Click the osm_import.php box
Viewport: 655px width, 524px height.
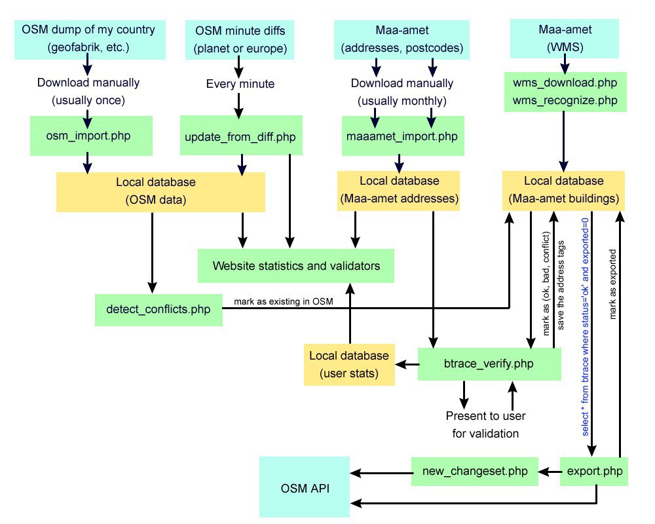91,136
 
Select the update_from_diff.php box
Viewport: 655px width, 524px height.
241,136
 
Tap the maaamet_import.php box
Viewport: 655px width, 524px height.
403,136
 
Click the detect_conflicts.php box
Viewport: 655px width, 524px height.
159,310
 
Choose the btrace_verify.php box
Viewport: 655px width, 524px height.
489,364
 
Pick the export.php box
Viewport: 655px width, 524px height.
593,472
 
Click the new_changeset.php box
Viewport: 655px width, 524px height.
474,472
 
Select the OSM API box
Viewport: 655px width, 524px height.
305,487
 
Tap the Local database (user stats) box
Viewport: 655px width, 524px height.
349,364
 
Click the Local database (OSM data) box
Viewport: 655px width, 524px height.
160,192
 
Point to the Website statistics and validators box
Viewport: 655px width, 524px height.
296,266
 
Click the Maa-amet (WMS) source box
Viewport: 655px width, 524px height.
565,39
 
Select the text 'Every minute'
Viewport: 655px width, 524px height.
240,84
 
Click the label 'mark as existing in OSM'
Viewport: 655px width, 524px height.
283,301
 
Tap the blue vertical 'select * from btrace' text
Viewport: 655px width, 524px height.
585,327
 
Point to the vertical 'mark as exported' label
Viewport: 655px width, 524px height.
612,284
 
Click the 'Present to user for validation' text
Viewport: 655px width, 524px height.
485,424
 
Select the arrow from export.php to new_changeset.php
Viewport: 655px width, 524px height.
550,472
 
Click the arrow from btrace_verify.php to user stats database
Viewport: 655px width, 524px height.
407,364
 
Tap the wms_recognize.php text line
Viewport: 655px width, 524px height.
565,100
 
